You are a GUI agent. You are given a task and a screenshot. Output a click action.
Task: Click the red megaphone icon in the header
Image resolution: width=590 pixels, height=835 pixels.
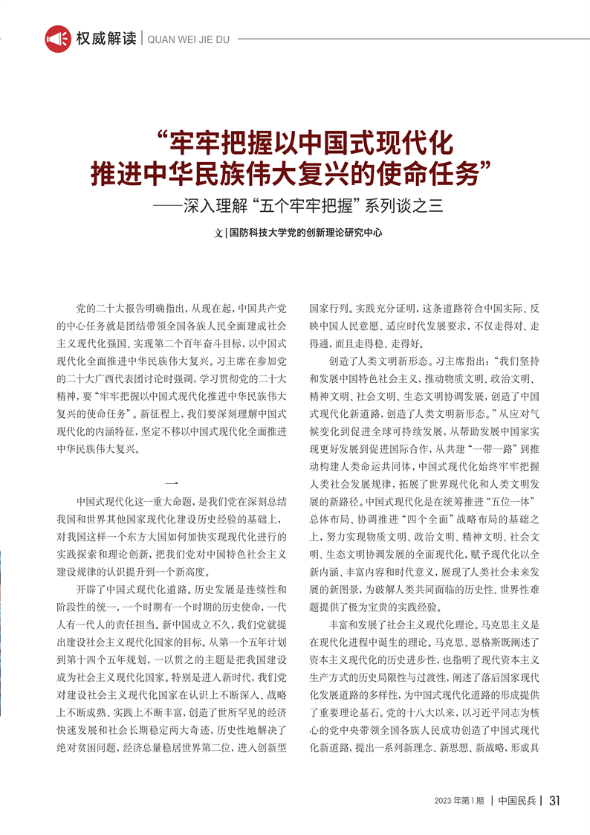58,39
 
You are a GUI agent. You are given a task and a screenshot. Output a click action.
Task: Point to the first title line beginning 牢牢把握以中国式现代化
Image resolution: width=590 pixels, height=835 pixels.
305,142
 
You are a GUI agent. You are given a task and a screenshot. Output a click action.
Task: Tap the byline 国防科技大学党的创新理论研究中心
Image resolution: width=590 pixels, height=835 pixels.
305,233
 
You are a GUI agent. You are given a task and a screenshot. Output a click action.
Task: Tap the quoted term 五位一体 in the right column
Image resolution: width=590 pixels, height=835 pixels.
504,502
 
